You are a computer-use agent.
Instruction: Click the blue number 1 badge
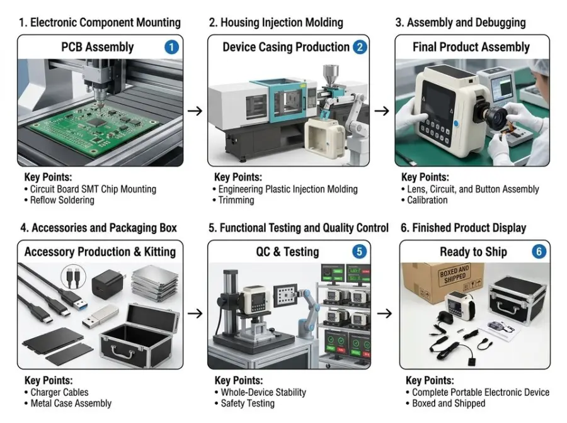pos(171,47)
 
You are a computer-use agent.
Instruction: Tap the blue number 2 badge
pos(360,47)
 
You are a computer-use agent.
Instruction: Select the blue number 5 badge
pos(359,251)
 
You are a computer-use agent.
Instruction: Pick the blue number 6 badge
pos(539,251)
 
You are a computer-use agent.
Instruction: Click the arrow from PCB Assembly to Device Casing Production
pos(195,111)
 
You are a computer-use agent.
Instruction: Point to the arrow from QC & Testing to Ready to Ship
pos(384,313)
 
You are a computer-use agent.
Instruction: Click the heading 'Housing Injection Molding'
pos(282,23)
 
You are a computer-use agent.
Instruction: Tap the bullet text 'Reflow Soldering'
pos(62,200)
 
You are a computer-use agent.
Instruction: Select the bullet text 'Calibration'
pos(427,200)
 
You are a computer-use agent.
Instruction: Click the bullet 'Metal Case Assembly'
pos(71,403)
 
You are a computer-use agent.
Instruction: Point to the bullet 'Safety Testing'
pos(248,403)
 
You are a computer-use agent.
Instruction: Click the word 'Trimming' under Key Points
pos(236,200)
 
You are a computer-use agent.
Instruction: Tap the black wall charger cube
pos(107,283)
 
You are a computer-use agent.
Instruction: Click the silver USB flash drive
pos(100,316)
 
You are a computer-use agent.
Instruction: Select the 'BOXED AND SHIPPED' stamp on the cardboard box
pos(454,274)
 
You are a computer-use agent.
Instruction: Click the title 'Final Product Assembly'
pos(471,47)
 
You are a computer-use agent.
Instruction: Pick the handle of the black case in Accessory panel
pos(123,354)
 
